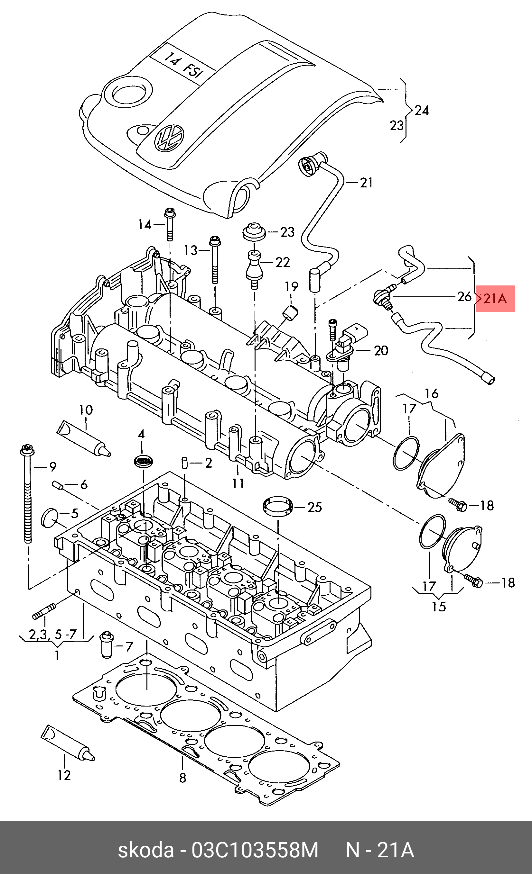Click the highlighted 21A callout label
point(495,299)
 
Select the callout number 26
point(464,297)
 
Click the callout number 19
point(291,286)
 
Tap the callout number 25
point(315,507)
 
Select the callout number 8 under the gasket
point(182,778)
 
